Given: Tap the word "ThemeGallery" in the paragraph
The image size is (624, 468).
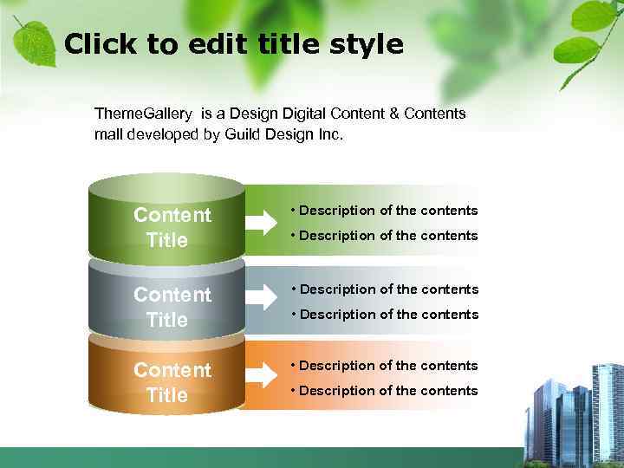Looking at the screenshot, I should pos(145,114).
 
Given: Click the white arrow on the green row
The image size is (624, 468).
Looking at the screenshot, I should pos(261,223).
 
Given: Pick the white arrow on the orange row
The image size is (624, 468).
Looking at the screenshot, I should pos(261,376).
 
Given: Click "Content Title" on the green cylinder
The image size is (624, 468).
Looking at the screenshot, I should pos(172,227).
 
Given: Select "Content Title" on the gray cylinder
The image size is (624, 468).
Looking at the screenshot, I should pos(172,307).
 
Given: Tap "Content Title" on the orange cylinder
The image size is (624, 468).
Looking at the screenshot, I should pos(172,382).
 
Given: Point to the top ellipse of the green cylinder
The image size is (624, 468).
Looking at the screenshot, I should pos(167,187).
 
